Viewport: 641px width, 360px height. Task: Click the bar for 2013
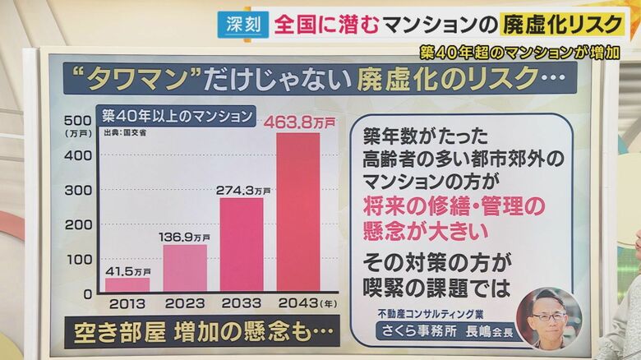127,284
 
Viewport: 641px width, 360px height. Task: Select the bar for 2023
185,268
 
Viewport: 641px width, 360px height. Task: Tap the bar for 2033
242,244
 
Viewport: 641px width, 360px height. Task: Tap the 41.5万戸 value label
128,270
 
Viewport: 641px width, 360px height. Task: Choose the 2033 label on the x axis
241,303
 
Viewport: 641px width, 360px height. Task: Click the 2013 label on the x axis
128,303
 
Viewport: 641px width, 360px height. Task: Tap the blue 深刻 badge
243,24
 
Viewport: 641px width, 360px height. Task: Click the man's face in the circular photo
547,316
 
